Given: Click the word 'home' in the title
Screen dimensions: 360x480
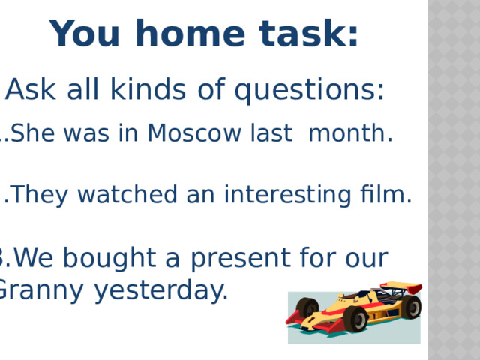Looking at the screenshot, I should [199, 34].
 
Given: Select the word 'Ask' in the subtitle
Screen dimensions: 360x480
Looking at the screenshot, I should [29, 91].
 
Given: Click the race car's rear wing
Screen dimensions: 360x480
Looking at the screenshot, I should [402, 288].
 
